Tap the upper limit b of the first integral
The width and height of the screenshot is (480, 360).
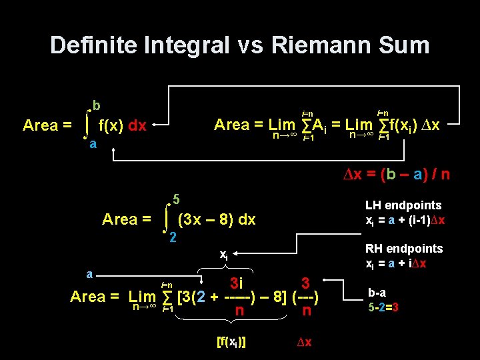click(97, 105)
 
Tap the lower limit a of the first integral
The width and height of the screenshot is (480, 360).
click(94, 143)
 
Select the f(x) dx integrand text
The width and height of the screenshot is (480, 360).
click(122, 125)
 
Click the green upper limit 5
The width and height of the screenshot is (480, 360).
click(176, 198)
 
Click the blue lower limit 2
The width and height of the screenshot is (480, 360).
click(173, 237)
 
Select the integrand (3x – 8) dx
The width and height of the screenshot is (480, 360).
click(217, 219)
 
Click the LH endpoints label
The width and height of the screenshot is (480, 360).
click(403, 205)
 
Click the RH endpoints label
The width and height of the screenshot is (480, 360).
click(404, 249)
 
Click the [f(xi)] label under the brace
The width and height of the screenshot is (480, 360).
click(232, 342)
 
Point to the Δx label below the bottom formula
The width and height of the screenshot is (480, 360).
click(303, 342)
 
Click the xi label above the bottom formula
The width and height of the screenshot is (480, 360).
click(224, 255)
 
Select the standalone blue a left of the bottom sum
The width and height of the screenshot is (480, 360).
click(89, 274)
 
